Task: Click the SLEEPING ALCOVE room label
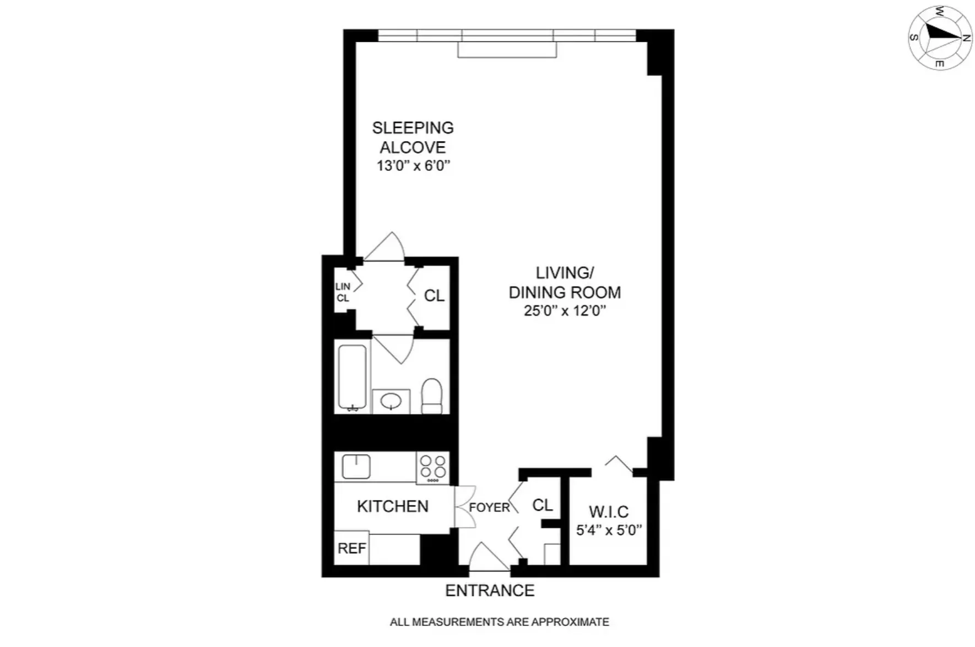tap(413, 137)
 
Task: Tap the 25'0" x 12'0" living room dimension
tap(565, 311)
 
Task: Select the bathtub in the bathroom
tap(352, 377)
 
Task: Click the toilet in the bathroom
tap(432, 396)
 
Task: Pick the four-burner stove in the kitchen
tap(433, 467)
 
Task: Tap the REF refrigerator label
tap(351, 548)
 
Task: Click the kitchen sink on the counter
tap(356, 467)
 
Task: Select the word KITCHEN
tap(392, 506)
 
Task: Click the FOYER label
tap(489, 507)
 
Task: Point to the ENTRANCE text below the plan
tap(490, 590)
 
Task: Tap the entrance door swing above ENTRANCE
tap(487, 557)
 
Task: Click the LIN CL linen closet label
tap(343, 292)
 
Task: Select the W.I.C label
tap(609, 512)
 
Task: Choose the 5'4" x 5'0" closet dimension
tap(609, 530)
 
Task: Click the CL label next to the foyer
tap(542, 505)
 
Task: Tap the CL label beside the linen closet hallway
tap(434, 296)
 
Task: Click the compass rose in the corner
tap(940, 37)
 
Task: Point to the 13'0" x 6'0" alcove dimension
tap(413, 165)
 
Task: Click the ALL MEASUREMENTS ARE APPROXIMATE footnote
tap(499, 622)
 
